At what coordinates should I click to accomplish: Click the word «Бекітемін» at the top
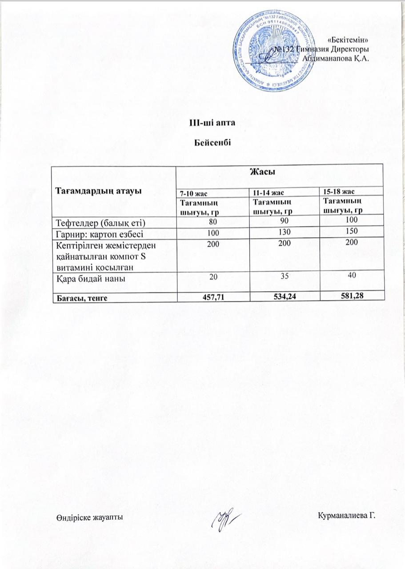[x=350, y=41]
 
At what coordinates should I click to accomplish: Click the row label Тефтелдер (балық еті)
[x=101, y=222]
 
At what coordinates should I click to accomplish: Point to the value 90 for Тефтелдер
[x=273, y=221]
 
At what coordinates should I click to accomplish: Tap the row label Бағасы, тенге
[x=81, y=298]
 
